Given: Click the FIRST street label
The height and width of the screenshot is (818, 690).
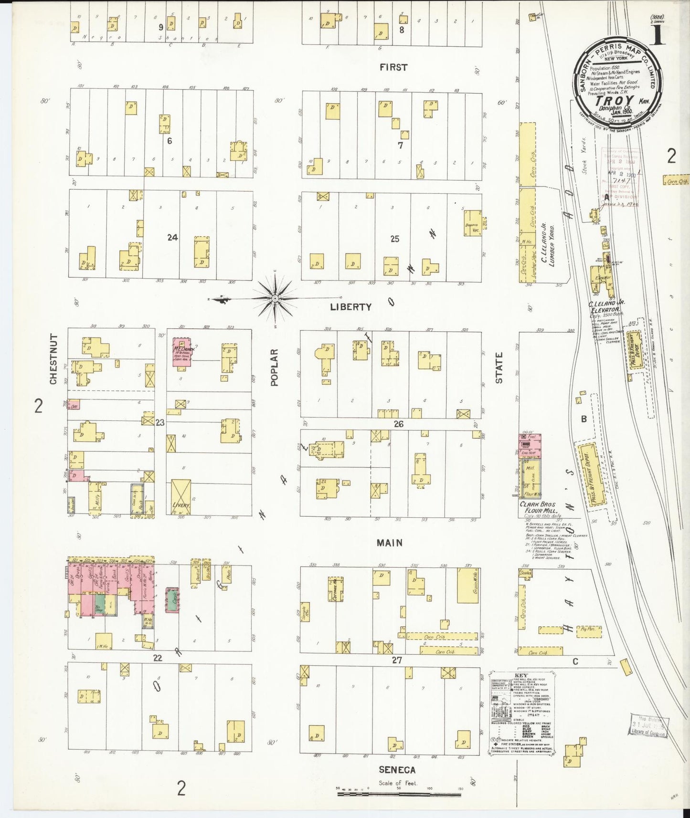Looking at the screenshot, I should tap(393, 67).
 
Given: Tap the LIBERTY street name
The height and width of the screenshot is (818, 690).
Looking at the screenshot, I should tap(350, 307).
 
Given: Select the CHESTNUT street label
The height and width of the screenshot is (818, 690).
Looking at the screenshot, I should tap(53, 359).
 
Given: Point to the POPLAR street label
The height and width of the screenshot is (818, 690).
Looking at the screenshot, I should tap(274, 367).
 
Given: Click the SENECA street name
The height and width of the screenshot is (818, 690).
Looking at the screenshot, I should tap(397, 770).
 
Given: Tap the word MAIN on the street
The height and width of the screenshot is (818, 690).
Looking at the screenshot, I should tap(389, 543).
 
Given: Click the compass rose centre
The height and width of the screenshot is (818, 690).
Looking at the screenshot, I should tap(275, 299).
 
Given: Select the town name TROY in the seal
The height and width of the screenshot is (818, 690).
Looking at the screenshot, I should tap(615, 101).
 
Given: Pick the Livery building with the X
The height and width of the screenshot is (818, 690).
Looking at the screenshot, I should tap(181, 496).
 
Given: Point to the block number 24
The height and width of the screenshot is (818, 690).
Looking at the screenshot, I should tap(172, 237).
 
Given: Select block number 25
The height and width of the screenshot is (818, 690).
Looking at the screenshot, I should tap(394, 239).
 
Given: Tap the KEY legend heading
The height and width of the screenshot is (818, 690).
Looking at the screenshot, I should tap(521, 676).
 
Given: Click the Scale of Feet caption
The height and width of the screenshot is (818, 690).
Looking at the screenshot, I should tap(398, 783).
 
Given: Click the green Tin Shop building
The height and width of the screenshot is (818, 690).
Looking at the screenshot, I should tap(99, 604).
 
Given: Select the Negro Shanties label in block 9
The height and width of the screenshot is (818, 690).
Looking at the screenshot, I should tap(148, 38).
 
